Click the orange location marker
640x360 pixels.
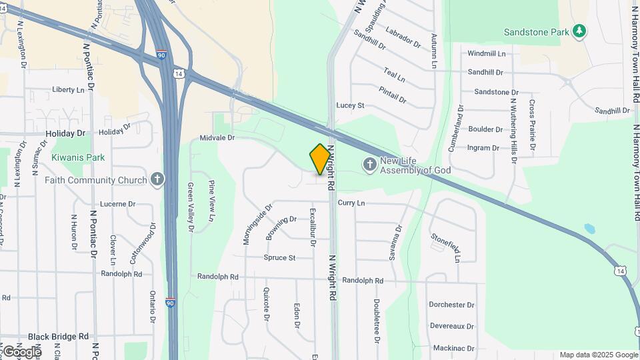320,159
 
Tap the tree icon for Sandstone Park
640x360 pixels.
579,31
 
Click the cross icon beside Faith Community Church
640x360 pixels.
157,179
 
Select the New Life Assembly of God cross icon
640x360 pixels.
369,164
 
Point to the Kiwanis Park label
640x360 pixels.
78,157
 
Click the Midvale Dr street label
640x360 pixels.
217,137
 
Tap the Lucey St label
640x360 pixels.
350,105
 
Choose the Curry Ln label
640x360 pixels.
351,202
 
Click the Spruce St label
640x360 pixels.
279,257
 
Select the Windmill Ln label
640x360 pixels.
486,53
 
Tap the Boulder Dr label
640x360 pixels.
485,129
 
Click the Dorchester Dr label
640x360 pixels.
451,305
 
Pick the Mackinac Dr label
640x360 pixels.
453,348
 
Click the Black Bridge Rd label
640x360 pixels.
58,337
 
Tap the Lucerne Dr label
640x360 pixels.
117,204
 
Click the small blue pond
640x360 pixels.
589,229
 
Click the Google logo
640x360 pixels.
21,351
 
